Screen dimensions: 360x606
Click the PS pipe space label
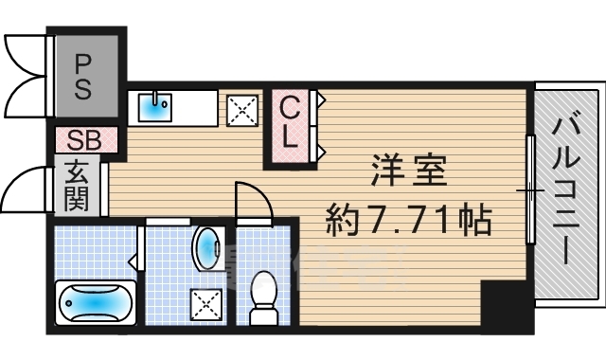click(84, 77)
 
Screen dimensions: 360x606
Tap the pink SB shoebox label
click(84, 139)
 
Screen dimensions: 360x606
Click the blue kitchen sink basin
click(152, 106)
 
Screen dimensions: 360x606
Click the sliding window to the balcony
click(529, 189)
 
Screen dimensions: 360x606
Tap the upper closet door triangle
click(322, 98)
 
